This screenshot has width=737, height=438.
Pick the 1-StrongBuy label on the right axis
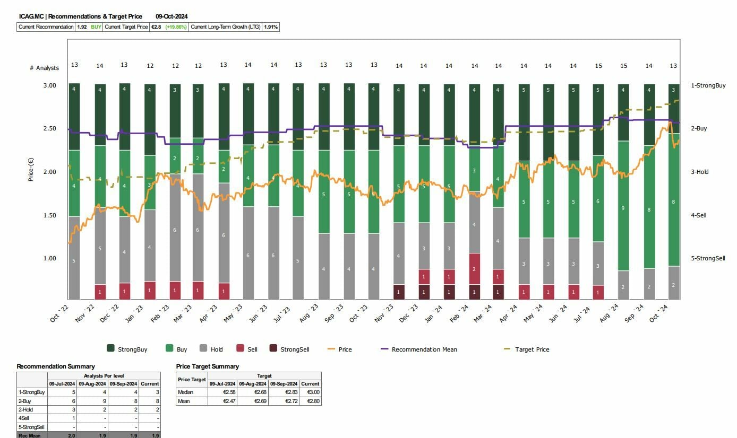708,85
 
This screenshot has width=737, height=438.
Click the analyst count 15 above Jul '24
598,66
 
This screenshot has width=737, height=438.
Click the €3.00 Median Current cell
310,392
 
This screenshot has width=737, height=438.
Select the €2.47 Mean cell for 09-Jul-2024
221,401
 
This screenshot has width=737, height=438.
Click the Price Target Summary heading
207,366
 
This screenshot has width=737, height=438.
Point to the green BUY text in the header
96,27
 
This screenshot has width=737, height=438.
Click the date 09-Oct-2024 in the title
172,16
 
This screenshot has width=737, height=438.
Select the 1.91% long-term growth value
271,27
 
